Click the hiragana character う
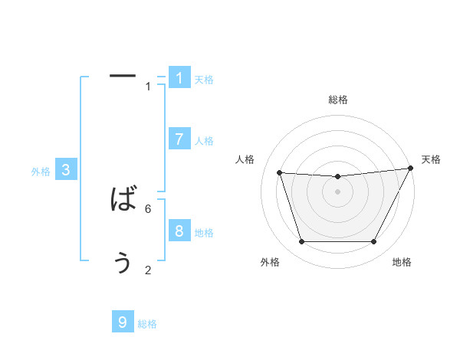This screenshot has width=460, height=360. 123,263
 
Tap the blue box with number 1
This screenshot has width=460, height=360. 179,77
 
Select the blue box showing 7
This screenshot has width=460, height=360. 179,139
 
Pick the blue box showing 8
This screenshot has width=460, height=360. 179,231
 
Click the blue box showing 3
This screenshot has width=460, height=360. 66,170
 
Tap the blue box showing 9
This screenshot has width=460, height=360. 123,322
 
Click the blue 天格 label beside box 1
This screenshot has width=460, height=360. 204,80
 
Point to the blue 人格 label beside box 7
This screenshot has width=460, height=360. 204,141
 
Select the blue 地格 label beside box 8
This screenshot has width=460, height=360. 204,233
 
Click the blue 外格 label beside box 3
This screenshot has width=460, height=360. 41,172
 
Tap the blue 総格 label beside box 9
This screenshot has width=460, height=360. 147,325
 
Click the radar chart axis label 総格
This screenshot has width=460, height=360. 337,100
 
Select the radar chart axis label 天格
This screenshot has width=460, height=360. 431,159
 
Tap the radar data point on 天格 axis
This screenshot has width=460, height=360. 411,169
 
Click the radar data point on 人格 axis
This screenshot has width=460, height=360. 279,173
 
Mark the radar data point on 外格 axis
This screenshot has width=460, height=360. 301,242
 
